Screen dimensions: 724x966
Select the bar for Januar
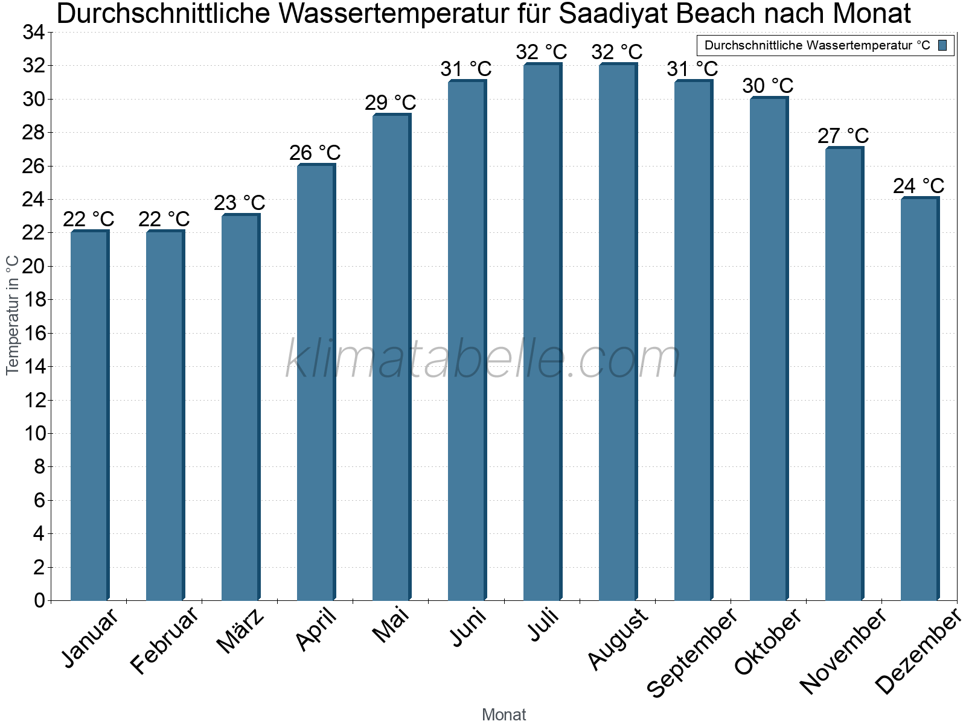[89, 416]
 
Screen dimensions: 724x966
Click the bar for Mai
[391, 357]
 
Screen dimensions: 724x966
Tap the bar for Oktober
[769, 349]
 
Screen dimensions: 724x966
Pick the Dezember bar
[920, 399]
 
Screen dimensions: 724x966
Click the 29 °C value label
[391, 103]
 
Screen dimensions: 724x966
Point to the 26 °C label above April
[315, 153]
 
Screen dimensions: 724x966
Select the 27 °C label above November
[843, 136]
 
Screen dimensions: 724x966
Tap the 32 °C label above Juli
[542, 52]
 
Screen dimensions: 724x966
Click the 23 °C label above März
[240, 203]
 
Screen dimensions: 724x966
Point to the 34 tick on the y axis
[34, 33]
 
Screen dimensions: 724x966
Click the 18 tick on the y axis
[34, 300]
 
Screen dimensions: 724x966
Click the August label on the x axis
[618, 640]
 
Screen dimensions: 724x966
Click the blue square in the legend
[943, 45]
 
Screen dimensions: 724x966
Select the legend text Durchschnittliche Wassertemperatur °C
[817, 45]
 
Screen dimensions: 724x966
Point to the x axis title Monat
[504, 715]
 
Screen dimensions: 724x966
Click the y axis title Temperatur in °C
[13, 314]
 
